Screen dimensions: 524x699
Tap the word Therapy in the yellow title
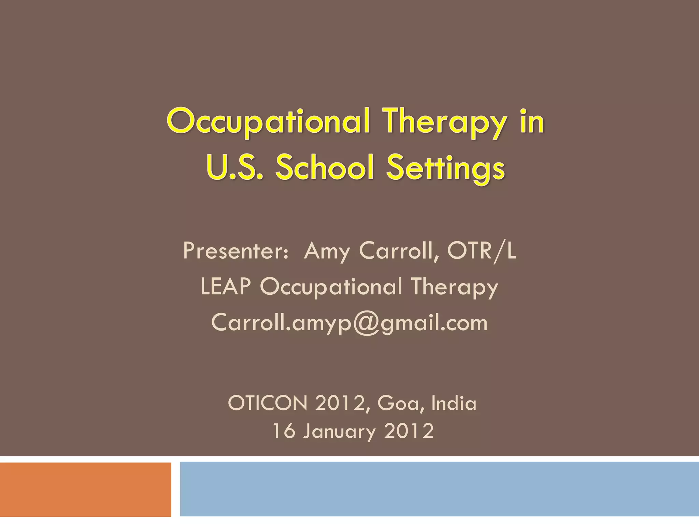pos(444,122)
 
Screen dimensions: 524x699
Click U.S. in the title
pos(235,168)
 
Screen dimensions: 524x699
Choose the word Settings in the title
pos(445,168)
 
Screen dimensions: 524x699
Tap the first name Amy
pos(327,251)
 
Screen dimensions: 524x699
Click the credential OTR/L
pos(482,251)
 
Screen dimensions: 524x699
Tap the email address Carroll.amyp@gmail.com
pos(349,322)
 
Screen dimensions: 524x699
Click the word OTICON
pos(268,403)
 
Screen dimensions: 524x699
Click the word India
pos(454,403)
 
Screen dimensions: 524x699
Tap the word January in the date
pos(339,432)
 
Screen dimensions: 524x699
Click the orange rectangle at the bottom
pos(85,490)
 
